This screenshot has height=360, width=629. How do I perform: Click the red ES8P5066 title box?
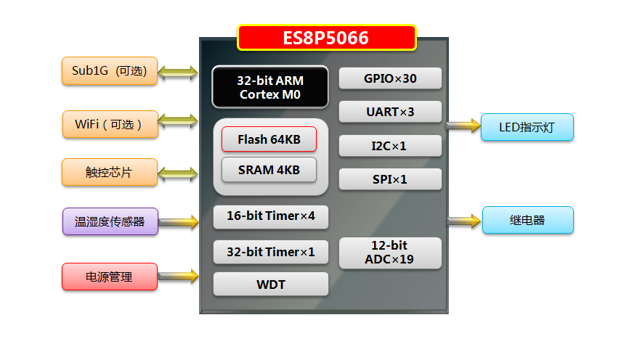click(x=326, y=38)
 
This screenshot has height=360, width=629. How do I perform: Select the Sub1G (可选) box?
click(x=109, y=71)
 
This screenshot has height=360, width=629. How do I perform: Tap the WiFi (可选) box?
click(x=109, y=123)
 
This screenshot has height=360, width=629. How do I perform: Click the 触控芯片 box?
click(x=109, y=172)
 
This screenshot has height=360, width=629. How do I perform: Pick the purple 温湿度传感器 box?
click(x=110, y=221)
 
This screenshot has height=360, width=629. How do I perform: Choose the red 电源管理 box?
click(x=109, y=277)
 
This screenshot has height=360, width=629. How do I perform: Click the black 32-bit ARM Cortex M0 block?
click(x=270, y=87)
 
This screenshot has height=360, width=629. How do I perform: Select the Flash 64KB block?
click(x=269, y=139)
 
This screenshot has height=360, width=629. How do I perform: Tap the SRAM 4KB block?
click(x=269, y=171)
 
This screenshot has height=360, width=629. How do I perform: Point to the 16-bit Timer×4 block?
click(x=270, y=216)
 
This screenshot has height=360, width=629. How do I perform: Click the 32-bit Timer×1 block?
click(x=270, y=253)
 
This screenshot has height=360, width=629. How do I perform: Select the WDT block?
click(x=270, y=285)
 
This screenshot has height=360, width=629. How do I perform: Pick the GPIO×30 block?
click(x=390, y=78)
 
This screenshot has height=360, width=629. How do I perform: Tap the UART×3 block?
click(x=390, y=112)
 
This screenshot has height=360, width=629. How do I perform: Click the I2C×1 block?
click(x=390, y=146)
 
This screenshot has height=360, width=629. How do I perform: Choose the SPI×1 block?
click(x=390, y=179)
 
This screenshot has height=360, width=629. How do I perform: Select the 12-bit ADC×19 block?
click(x=390, y=253)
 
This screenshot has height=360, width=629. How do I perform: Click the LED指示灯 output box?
click(x=527, y=127)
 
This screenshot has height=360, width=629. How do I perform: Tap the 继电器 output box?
click(x=527, y=220)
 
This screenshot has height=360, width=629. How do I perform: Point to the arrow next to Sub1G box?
click(x=178, y=72)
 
